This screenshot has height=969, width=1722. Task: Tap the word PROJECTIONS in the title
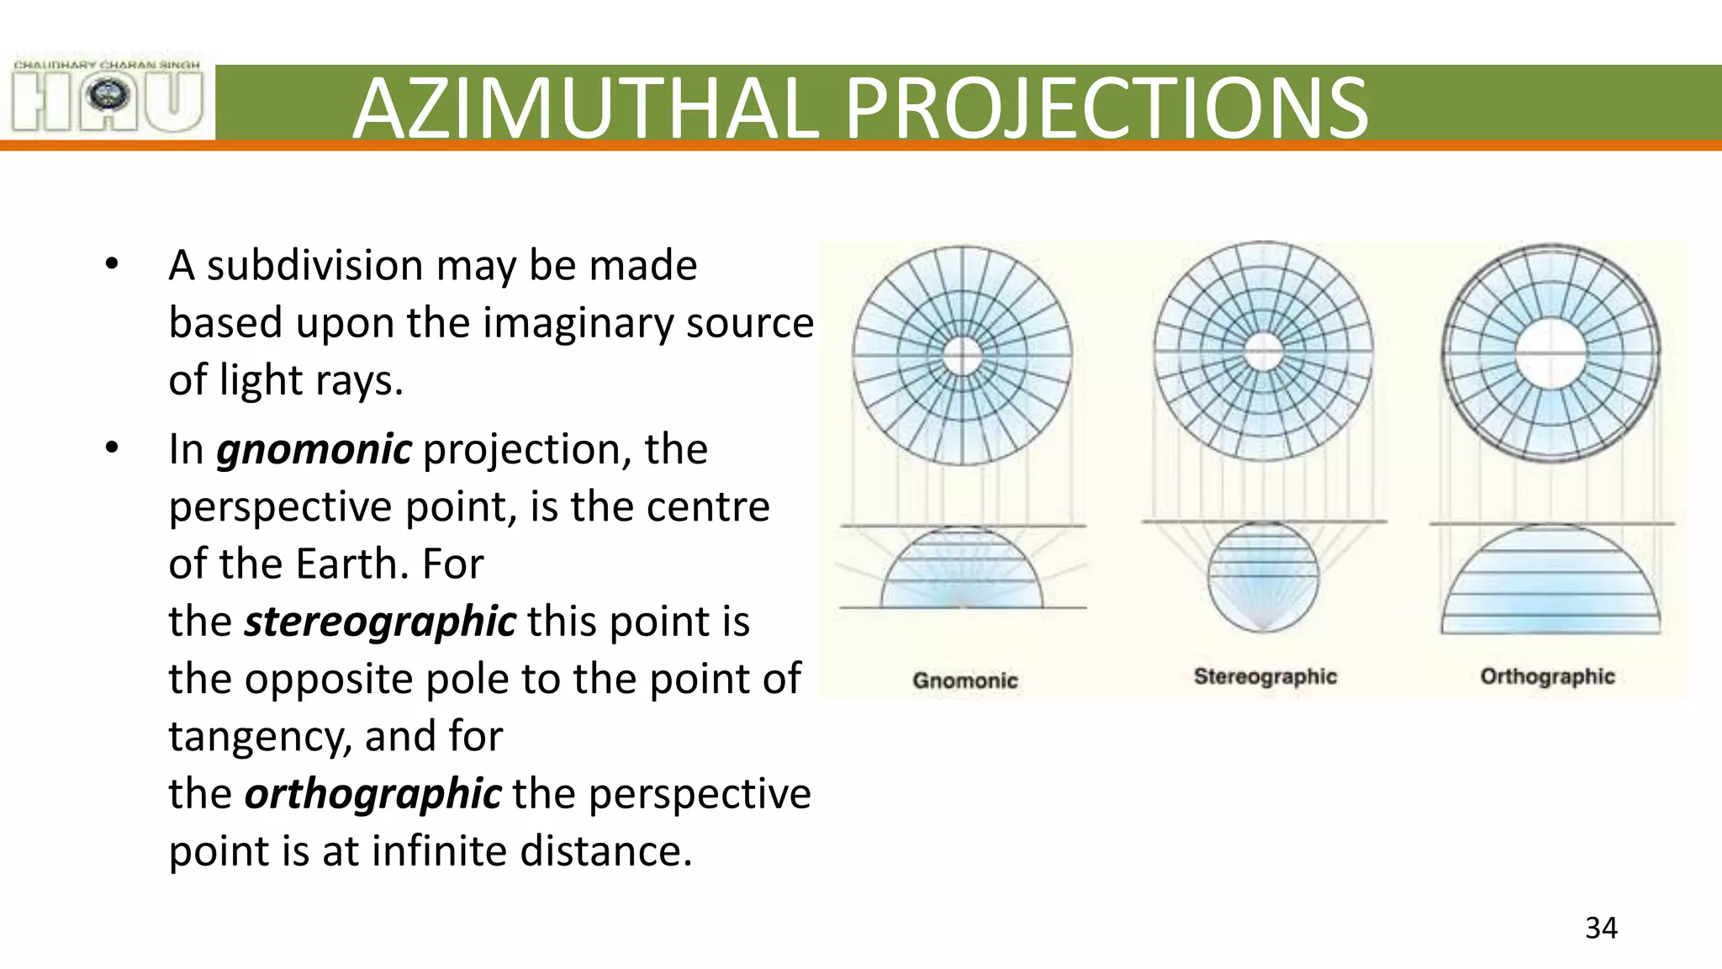pos(1106,109)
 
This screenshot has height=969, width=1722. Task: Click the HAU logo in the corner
pos(108,98)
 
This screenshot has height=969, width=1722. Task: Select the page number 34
pos(1601,928)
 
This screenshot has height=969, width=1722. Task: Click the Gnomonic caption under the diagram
pos(964,680)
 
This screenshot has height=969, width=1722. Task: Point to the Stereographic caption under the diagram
pos(1265,676)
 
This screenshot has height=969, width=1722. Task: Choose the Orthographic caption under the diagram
pos(1547,676)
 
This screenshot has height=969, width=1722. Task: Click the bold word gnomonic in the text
pos(314,449)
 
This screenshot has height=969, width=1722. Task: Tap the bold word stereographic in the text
pos(379,622)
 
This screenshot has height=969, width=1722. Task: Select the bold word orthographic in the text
pos(372,794)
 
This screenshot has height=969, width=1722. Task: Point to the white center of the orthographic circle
pos(1551,352)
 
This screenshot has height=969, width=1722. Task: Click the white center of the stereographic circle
pos(1263,352)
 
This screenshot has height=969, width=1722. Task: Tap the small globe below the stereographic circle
pos(1263,576)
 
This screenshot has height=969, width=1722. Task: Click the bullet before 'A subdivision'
pos(112,265)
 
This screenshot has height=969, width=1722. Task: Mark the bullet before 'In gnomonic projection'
pos(112,449)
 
